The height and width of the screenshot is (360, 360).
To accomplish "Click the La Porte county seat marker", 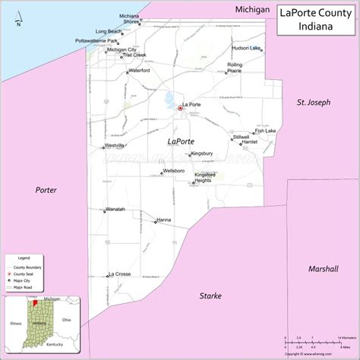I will pyautogui.click(x=180, y=109).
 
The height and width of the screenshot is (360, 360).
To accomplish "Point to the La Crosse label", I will pyautogui.click(x=120, y=273).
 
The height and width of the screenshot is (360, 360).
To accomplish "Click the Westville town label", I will pyautogui.click(x=115, y=144).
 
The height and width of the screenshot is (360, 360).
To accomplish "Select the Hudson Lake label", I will pyautogui.click(x=246, y=48).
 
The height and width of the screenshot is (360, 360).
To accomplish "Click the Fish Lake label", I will pyautogui.click(x=265, y=131).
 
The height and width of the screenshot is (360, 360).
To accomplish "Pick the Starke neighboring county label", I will pyautogui.click(x=210, y=295).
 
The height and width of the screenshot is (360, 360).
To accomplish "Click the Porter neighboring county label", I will pyautogui.click(x=46, y=190).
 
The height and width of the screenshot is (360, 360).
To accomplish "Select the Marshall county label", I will pyautogui.click(x=323, y=269).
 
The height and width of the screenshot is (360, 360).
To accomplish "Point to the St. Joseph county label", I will pyautogui.click(x=313, y=102).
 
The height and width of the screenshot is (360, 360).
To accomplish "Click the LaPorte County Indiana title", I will pyautogui.click(x=314, y=19).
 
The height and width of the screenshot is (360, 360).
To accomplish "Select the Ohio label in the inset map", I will pyautogui.click(x=66, y=320).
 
